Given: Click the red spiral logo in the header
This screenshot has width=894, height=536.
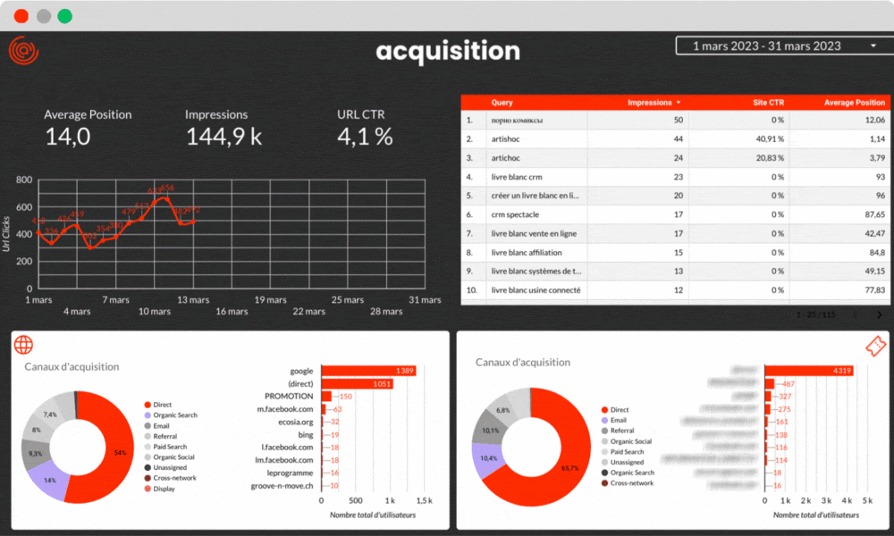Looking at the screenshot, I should (x=23, y=51).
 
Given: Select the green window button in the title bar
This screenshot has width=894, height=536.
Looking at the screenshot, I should (x=64, y=16).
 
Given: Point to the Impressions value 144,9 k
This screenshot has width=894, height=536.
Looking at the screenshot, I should (x=223, y=137).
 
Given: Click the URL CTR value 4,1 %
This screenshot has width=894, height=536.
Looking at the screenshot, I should (x=365, y=137).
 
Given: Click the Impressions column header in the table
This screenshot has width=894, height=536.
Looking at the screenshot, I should (x=654, y=103).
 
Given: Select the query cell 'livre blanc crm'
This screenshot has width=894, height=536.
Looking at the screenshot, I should (x=517, y=177).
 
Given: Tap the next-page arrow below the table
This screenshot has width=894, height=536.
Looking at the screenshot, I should (x=880, y=315).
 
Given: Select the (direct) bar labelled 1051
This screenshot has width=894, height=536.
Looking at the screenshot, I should (x=357, y=383).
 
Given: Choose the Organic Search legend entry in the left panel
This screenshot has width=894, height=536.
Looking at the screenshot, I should (x=175, y=415).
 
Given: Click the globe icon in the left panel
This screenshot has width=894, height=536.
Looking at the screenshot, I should (x=24, y=345).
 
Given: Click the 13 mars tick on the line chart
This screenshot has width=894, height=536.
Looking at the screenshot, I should (x=193, y=299).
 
